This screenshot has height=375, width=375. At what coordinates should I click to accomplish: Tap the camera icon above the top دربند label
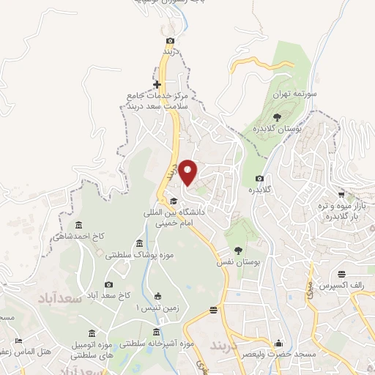[x=171, y=41]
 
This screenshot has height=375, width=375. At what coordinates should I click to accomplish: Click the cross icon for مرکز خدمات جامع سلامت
[x=157, y=85]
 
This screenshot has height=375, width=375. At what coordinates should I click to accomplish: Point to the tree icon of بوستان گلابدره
[x=276, y=116]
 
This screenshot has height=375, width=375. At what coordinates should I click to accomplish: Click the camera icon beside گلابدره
[x=259, y=179]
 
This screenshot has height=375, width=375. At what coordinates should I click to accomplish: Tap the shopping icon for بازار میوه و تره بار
[x=341, y=196]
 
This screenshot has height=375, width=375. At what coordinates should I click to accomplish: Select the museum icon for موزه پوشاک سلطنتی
[x=139, y=245]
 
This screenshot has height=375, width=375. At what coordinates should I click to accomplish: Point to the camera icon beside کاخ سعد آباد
[x=109, y=284]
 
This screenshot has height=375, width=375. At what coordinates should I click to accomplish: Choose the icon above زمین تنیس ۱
[x=157, y=297]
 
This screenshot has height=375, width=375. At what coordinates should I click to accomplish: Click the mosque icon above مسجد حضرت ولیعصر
[x=278, y=343]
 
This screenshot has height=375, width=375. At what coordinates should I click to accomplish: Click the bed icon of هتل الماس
[x=19, y=341]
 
